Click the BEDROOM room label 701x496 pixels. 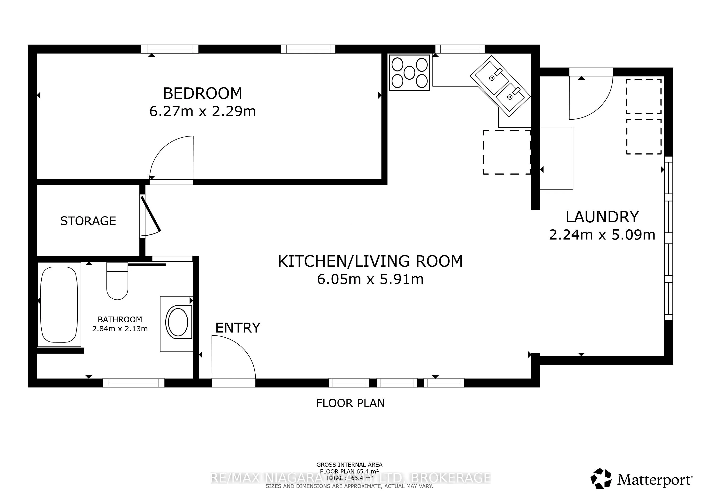click(x=202, y=93)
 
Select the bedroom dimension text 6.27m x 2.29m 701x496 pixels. click(x=202, y=111)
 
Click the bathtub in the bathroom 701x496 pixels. click(x=59, y=304)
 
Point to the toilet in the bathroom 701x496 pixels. click(x=117, y=283)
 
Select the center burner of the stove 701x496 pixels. click(x=409, y=73)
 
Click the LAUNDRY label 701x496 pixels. click(x=602, y=217)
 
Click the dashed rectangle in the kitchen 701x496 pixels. click(x=507, y=152)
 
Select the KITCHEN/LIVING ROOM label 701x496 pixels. click(x=370, y=261)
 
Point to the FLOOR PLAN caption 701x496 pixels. click(x=350, y=403)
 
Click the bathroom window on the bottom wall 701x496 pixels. click(x=134, y=383)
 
